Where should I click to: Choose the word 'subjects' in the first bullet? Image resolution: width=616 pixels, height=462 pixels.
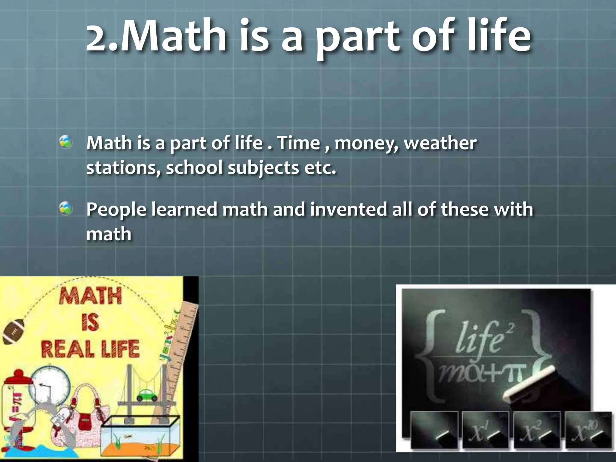pos(263,168)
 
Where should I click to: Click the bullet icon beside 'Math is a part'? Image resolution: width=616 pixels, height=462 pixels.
pos(66,142)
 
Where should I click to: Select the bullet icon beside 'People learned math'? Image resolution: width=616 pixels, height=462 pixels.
pos(66,208)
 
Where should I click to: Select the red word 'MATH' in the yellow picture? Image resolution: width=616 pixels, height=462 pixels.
pos(91,296)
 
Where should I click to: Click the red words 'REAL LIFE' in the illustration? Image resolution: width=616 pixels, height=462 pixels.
pos(90,349)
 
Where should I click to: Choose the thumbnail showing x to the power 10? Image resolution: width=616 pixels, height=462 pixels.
pos(588,430)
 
